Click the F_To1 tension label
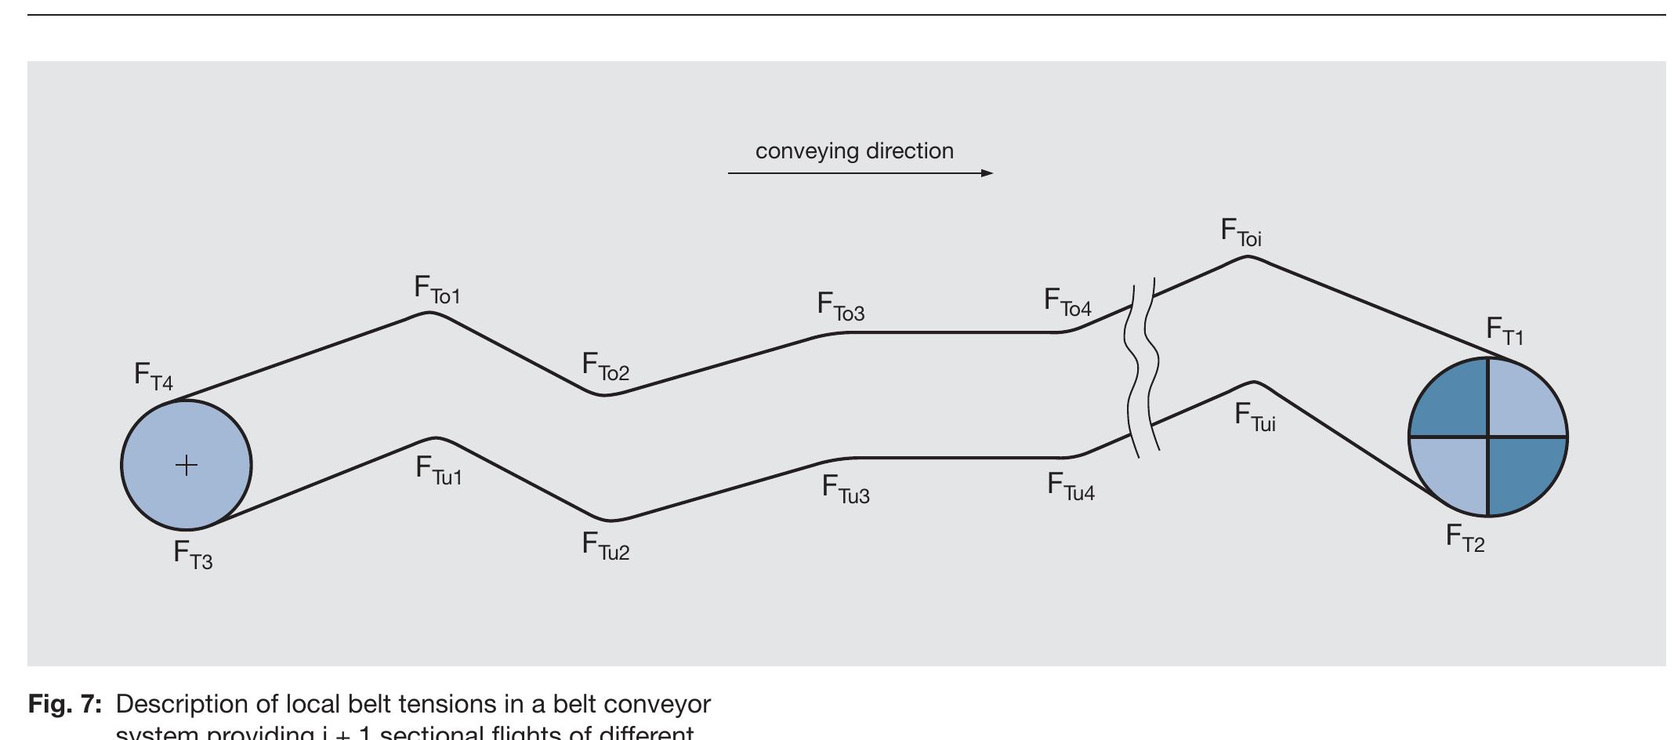pyautogui.click(x=437, y=290)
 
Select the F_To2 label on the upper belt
pyautogui.click(x=605, y=367)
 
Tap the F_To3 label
pyautogui.click(x=840, y=307)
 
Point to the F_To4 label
pyautogui.click(x=1067, y=303)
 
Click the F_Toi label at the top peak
pyautogui.click(x=1241, y=233)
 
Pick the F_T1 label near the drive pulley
pyautogui.click(x=1505, y=332)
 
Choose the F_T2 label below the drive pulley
pyautogui.click(x=1465, y=539)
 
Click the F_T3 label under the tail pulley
pyautogui.click(x=193, y=555)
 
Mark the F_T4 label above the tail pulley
pyautogui.click(x=154, y=377)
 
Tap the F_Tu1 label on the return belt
pyautogui.click(x=439, y=471)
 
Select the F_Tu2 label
pyautogui.click(x=605, y=546)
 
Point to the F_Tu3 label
pyautogui.click(x=846, y=490)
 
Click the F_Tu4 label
pyautogui.click(x=1071, y=487)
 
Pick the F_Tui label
pyautogui.click(x=1255, y=418)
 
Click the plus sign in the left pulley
pyautogui.click(x=187, y=466)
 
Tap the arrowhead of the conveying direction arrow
pyautogui.click(x=987, y=173)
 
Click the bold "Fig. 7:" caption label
pyautogui.click(x=65, y=705)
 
